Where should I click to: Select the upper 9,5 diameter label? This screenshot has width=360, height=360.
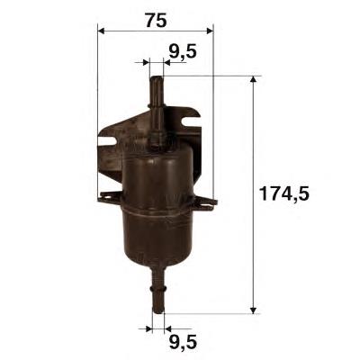pyautogui.click(x=183, y=51)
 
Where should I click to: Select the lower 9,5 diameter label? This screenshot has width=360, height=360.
pyautogui.click(x=183, y=343)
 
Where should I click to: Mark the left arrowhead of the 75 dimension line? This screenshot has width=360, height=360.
pyautogui.click(x=102, y=30)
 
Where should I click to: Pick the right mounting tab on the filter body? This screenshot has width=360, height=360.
pyautogui.click(x=208, y=200)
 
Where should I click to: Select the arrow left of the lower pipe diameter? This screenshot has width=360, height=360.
pyautogui.click(x=145, y=328)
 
